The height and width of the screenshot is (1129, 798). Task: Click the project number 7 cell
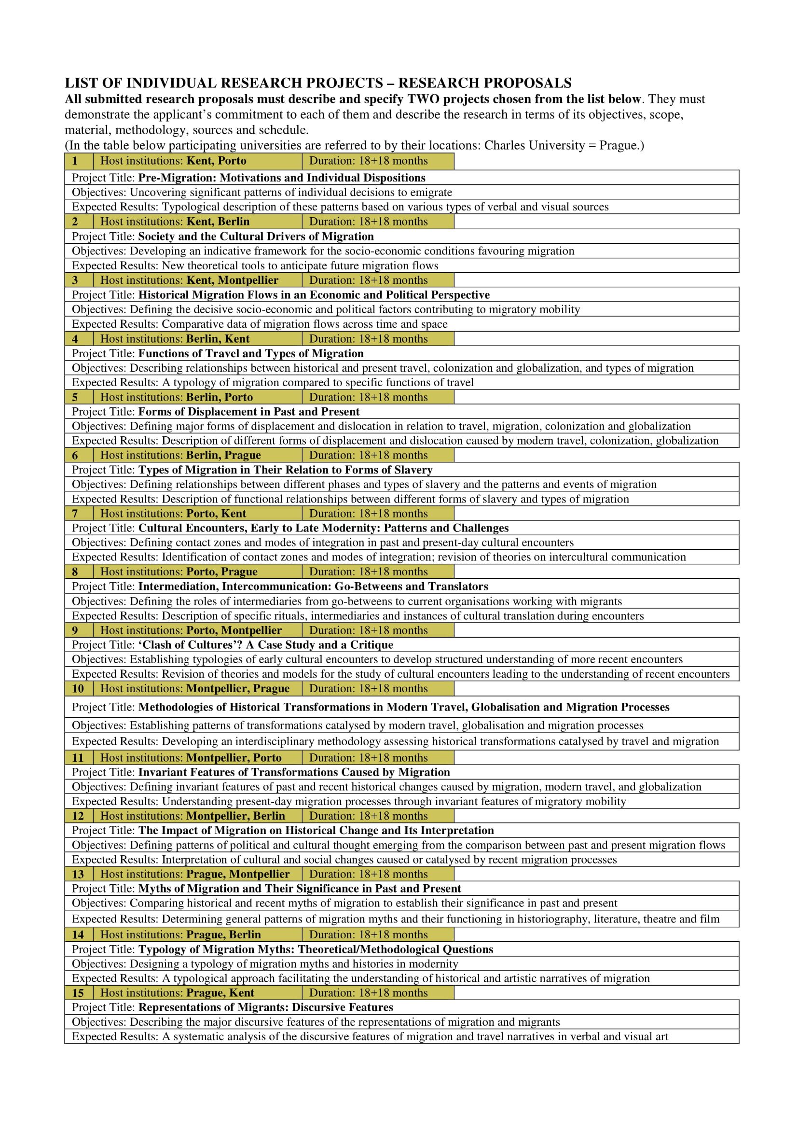tap(79, 514)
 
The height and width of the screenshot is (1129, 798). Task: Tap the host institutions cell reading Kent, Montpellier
tap(197, 280)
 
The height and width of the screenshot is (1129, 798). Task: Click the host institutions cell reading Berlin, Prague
tap(197, 455)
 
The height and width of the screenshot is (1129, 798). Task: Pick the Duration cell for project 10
tap(377, 688)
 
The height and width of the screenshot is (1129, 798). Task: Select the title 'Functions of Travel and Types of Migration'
tap(250, 353)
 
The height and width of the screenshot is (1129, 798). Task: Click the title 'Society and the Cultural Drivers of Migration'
tap(256, 237)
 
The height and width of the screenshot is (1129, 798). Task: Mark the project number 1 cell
tap(79, 161)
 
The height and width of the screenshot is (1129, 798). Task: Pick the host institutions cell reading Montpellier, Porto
tap(197, 758)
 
